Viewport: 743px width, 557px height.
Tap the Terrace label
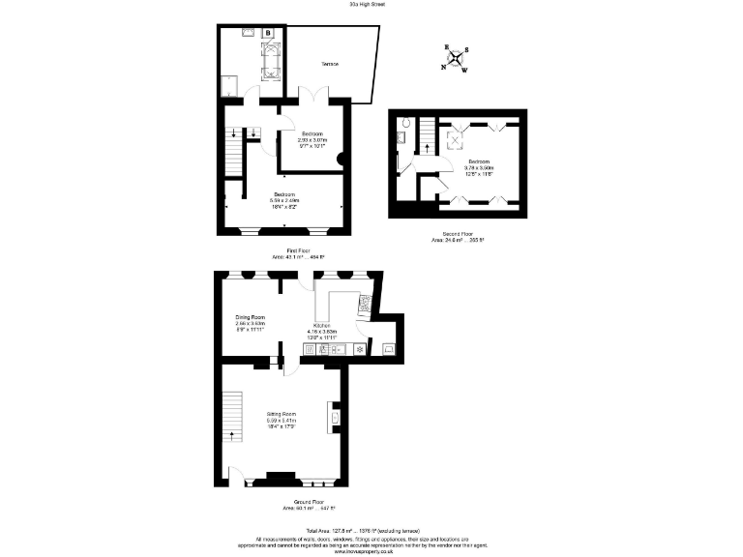330,64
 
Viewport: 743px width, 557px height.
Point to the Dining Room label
251,320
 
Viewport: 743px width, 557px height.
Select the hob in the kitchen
365,305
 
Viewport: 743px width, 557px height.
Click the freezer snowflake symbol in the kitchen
360,347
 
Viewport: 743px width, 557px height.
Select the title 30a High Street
371,4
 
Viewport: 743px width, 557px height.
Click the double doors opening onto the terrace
313,95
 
